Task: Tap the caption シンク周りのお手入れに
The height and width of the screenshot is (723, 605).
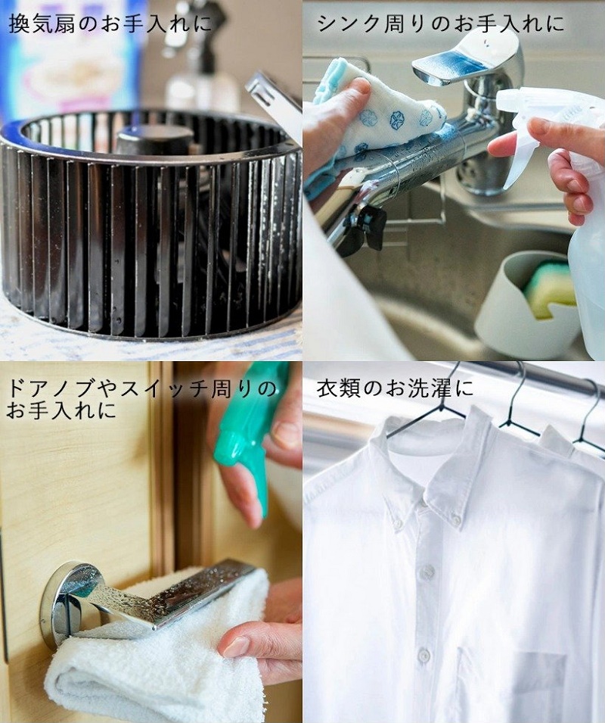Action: pyautogui.click(x=441, y=23)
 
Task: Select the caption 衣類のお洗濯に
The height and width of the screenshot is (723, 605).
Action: pyautogui.click(x=395, y=388)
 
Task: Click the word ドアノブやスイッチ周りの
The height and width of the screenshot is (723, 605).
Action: pyautogui.click(x=141, y=388)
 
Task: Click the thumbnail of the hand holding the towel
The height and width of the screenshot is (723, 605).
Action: pyautogui.click(x=236, y=646)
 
